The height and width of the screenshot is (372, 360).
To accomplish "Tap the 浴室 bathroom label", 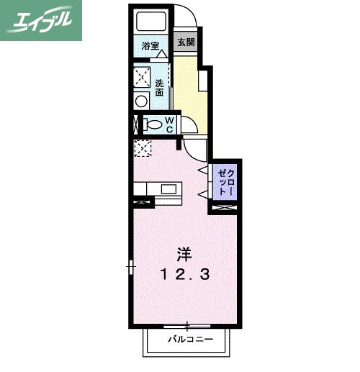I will click(150, 45).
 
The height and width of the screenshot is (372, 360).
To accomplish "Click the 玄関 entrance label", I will click(185, 42).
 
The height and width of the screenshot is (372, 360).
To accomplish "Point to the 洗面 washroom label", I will click(159, 87).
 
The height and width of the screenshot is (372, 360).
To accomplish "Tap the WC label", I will click(168, 124).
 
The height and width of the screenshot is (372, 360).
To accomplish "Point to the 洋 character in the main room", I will click(184, 254).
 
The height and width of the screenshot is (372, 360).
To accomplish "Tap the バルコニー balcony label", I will click(190, 337).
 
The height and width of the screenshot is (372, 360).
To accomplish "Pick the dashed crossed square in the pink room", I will click(143, 149).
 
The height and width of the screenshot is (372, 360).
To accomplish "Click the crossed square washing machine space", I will click(141, 75).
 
